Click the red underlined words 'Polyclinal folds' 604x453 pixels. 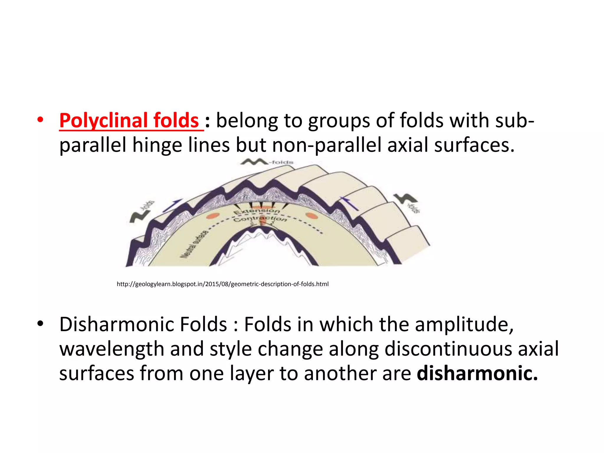pos(129,121)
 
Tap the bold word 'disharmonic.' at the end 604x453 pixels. pos(477,373)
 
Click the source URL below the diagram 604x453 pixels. pos(222,284)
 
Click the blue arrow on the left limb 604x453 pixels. pos(172,205)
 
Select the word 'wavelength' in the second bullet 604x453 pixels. pos(112,349)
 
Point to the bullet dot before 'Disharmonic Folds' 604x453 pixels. pos(40,324)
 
